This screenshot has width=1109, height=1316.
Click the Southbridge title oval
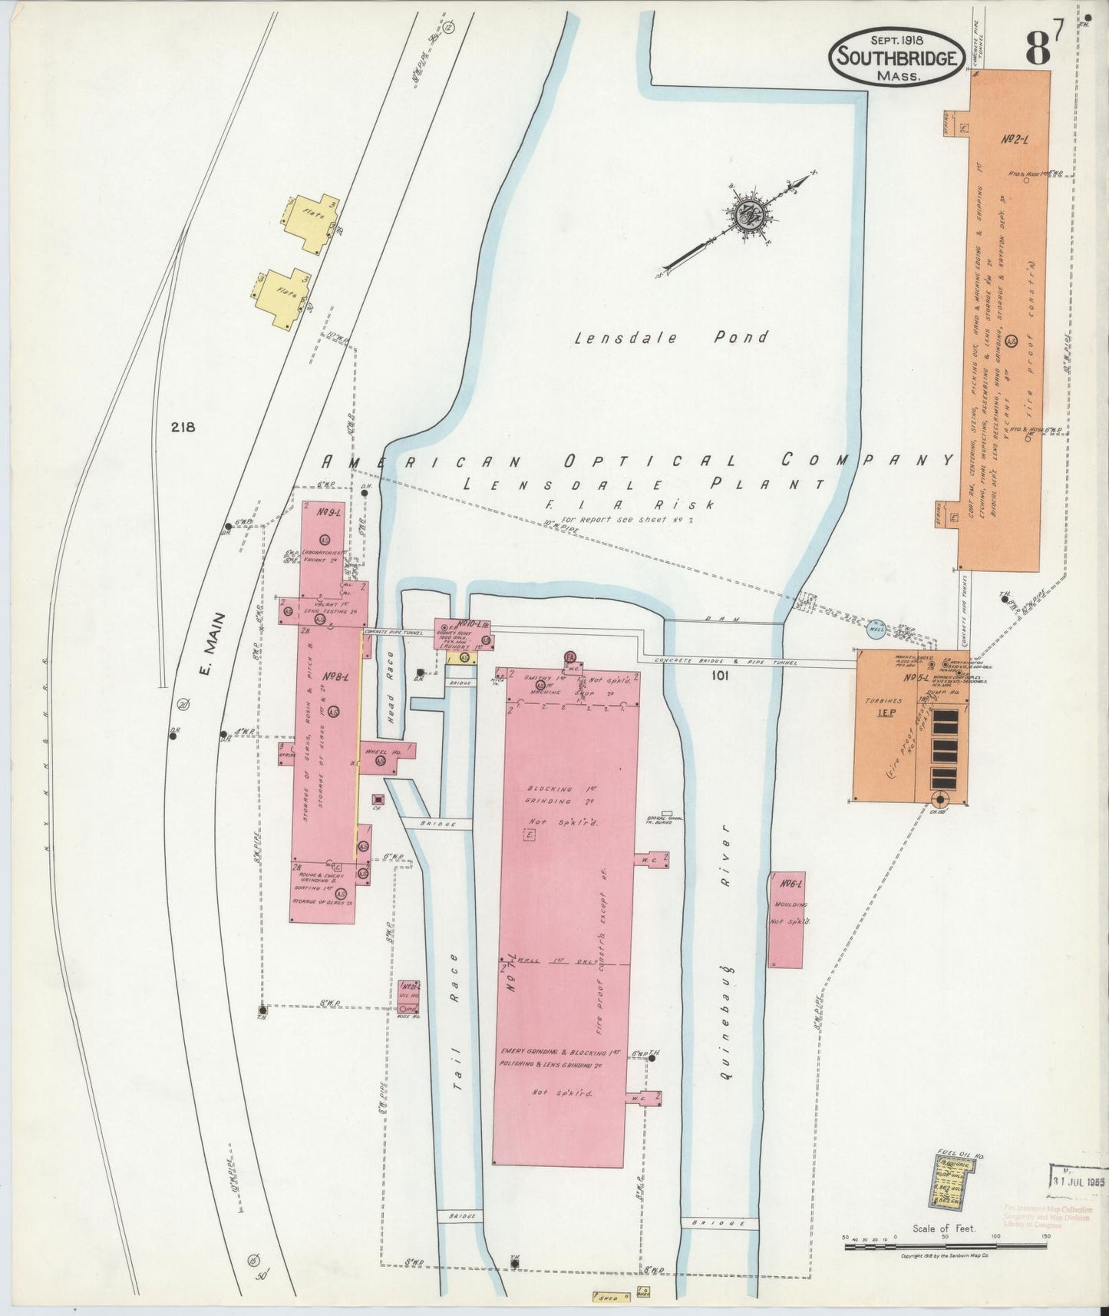coord(895,56)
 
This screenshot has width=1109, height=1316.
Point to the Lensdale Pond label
coord(672,337)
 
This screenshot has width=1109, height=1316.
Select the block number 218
coord(184,428)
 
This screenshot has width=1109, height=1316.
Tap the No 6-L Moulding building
coord(786,919)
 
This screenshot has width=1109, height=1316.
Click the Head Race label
coord(390,687)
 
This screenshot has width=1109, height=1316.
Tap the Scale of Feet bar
coord(946,1247)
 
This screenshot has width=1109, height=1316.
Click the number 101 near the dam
coord(719,676)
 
